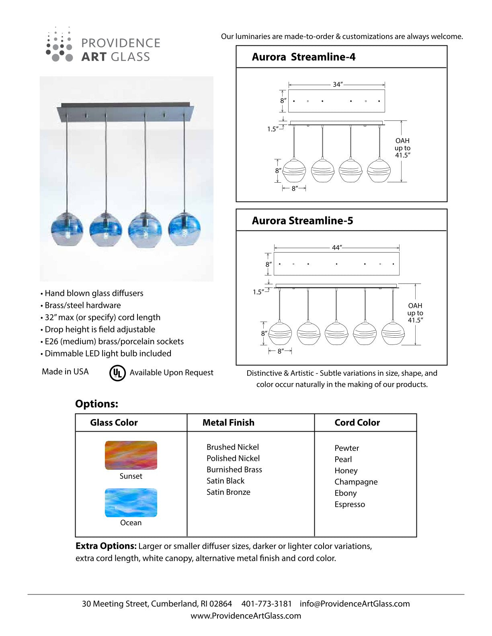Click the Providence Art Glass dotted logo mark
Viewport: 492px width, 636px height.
click(59, 45)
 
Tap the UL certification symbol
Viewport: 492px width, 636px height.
click(117, 373)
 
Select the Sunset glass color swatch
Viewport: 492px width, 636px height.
click(131, 455)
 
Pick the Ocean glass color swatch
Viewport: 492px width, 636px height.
click(131, 502)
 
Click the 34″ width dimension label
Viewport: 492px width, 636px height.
click(337, 84)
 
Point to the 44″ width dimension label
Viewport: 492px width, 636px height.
click(336, 248)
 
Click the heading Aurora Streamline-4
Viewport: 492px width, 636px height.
click(303, 57)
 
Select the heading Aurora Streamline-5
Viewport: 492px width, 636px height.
click(302, 220)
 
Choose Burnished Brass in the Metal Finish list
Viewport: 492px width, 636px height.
click(234, 469)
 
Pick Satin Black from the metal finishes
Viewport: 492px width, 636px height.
click(225, 481)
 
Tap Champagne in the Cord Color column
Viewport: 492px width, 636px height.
click(356, 482)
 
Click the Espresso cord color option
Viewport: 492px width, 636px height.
click(350, 504)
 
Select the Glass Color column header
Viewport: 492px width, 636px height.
click(114, 422)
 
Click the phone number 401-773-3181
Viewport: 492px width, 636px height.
click(266, 603)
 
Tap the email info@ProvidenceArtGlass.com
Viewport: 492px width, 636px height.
click(355, 603)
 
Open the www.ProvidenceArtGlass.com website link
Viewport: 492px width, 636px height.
click(246, 616)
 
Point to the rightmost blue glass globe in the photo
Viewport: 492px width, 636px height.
click(184, 230)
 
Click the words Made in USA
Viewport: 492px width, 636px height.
click(65, 372)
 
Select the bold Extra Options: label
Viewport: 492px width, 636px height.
click(106, 546)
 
